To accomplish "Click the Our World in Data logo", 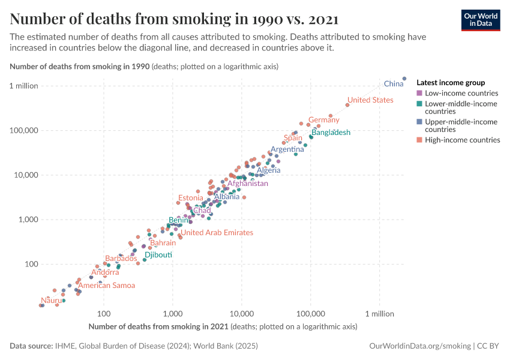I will (480, 19).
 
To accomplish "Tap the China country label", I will (394, 84).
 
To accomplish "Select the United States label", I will (370, 100).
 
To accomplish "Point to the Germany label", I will (324, 120).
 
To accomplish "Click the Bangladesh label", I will (331, 133).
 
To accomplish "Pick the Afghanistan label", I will (247, 184).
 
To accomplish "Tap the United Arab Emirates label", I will (217, 233).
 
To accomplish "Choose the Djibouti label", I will (158, 255).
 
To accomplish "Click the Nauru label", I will (51, 300).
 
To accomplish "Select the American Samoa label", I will (107, 286).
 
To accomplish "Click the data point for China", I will (404, 79).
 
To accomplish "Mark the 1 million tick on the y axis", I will (24, 86).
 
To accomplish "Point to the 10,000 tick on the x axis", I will (241, 314).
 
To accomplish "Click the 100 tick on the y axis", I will (31, 264).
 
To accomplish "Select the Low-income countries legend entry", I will (461, 94).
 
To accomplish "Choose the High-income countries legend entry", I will (462, 140).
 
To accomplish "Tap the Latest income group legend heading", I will (451, 83).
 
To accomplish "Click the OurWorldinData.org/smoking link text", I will (420, 346).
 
